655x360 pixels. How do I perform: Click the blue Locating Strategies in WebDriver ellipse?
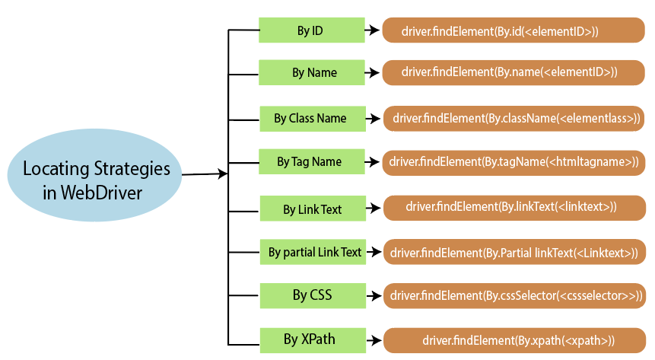tap(94, 180)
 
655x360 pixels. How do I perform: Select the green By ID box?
tap(311, 30)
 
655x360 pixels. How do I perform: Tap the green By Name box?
tap(311, 73)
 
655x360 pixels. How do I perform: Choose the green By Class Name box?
tap(311, 119)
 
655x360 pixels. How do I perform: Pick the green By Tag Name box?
tap(311, 162)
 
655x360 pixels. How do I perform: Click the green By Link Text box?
tap(312, 209)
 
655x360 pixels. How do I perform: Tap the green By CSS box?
tap(312, 295)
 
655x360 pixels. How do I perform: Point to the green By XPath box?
tap(312, 339)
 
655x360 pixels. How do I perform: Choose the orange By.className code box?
tap(514, 118)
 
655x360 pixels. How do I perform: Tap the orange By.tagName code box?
tap(514, 162)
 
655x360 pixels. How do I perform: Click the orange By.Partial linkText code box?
tap(514, 252)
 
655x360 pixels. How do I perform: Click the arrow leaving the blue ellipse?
tap(205, 174)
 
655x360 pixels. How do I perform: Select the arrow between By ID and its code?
tap(372, 31)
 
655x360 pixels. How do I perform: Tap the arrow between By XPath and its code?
tap(372, 340)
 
